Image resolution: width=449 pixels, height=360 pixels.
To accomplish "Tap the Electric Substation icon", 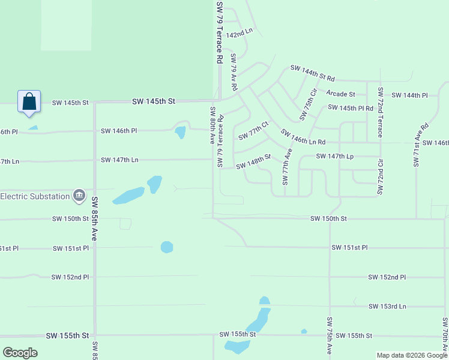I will (x=79, y=195).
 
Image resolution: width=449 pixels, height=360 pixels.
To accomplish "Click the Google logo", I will (x=20, y=353).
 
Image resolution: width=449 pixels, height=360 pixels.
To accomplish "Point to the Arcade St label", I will (x=340, y=94).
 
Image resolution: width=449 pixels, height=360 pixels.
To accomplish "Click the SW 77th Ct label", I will (x=253, y=132).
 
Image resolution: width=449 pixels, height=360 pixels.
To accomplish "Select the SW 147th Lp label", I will (x=335, y=156).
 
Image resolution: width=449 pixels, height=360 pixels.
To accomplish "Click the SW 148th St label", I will (x=253, y=161).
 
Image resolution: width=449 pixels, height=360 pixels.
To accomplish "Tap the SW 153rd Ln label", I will (x=387, y=307).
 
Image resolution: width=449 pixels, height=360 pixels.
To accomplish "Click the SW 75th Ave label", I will (x=330, y=336).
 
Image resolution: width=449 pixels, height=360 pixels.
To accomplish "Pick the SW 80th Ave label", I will (x=212, y=125).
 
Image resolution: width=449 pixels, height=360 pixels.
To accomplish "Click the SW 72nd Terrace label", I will (x=380, y=109).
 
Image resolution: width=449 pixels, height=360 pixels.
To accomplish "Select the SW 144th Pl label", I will (x=409, y=95).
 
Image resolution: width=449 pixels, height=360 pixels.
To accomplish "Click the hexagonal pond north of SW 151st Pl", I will (x=167, y=247).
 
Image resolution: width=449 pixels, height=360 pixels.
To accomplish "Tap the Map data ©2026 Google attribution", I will (x=411, y=355).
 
